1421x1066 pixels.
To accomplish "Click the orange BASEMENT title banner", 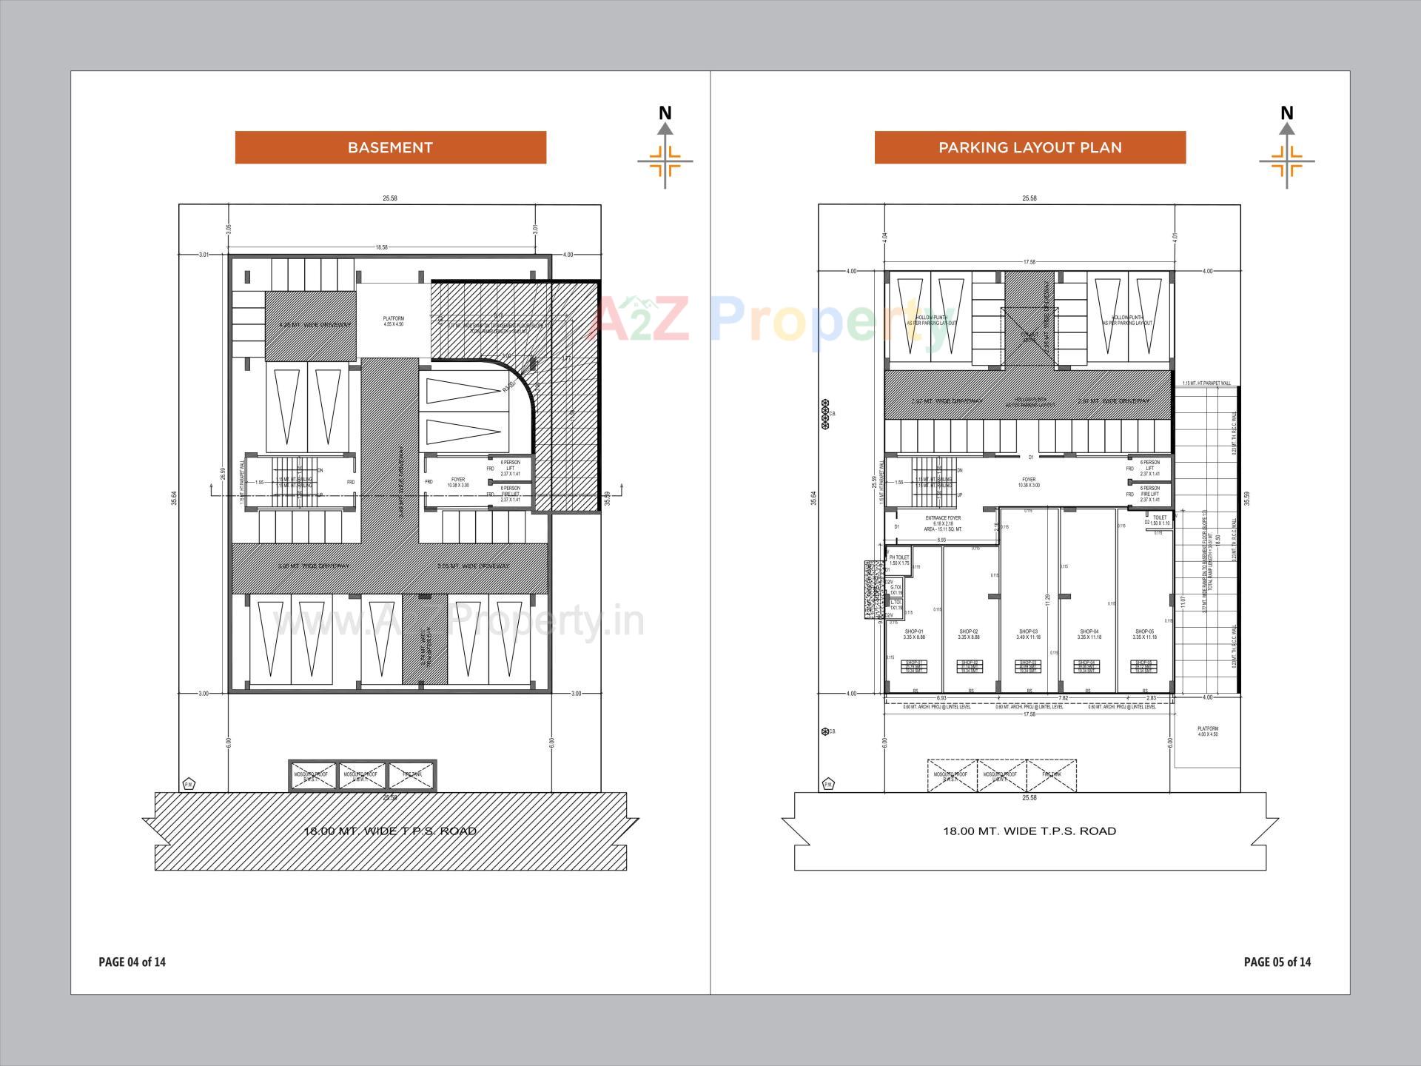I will coord(390,147).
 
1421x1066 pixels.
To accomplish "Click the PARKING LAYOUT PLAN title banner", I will coord(1029,147).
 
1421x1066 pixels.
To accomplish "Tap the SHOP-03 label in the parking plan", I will coord(1029,634).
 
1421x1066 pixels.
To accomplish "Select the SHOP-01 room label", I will coord(913,634).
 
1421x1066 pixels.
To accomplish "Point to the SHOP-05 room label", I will coord(1144,634).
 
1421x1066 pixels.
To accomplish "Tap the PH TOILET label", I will coord(899,560).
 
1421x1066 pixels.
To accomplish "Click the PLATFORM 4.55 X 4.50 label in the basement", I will coord(394,321).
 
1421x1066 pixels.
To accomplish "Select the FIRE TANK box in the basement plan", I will coord(411,775).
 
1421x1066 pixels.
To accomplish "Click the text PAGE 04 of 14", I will coord(132,962).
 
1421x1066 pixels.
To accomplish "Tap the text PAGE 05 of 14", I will coord(1277,962).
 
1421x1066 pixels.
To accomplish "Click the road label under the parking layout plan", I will coord(1029,831).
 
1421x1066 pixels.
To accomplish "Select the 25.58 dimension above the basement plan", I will coord(390,198).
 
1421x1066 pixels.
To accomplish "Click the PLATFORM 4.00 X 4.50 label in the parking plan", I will coord(1208,731).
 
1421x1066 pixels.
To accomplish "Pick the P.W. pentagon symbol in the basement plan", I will coord(189,784).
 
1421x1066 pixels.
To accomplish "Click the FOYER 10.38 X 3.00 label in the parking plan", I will coord(1029,483).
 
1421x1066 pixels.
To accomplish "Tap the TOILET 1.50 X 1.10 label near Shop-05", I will coord(1160,520).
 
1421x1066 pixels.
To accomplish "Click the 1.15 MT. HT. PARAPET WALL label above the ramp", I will coord(1206,383).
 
